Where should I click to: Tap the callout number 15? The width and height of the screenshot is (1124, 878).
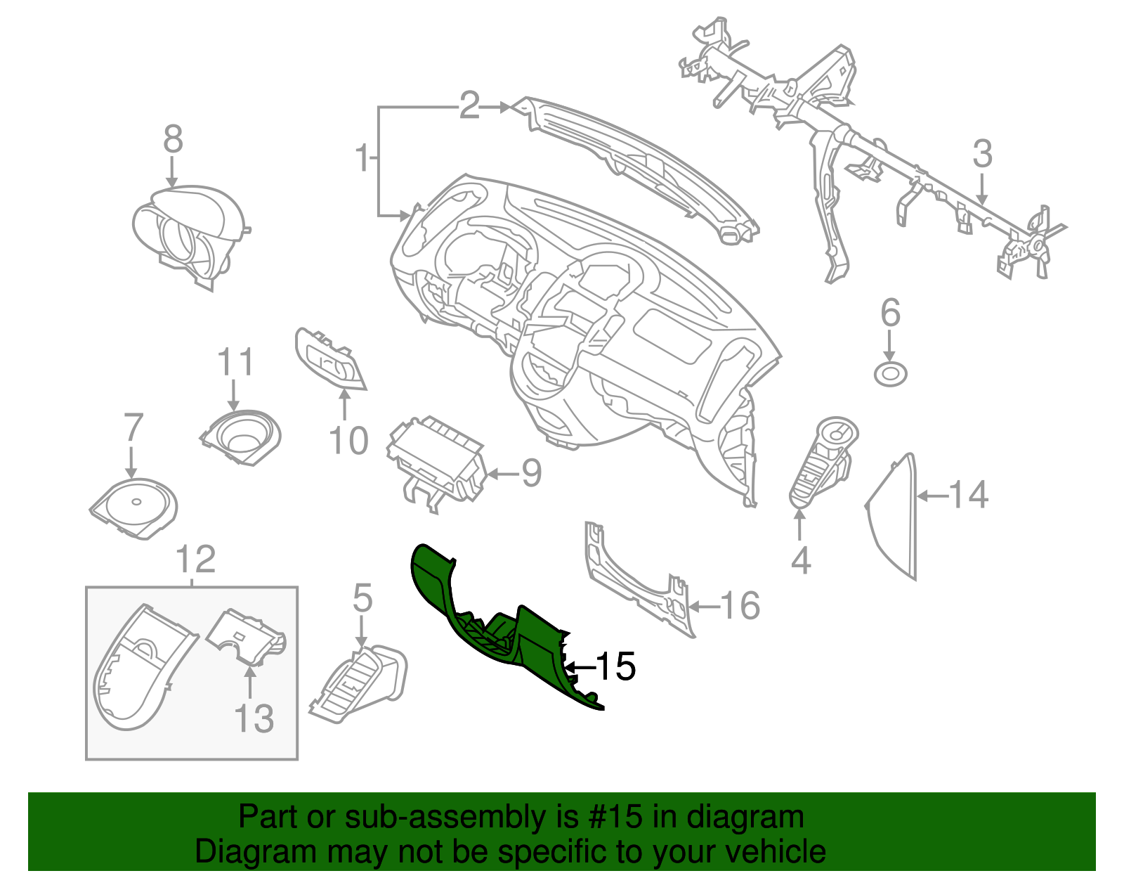click(x=616, y=666)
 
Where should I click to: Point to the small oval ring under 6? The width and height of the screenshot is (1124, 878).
click(x=890, y=374)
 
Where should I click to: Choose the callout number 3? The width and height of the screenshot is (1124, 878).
click(x=982, y=153)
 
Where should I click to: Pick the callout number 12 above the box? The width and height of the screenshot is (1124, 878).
click(x=195, y=560)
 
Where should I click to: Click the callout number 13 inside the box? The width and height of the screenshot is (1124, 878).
click(x=253, y=718)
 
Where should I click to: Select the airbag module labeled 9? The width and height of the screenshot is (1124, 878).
click(x=436, y=460)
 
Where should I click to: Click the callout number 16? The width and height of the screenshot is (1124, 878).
click(x=740, y=605)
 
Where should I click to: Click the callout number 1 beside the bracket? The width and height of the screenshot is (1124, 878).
click(x=362, y=158)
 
